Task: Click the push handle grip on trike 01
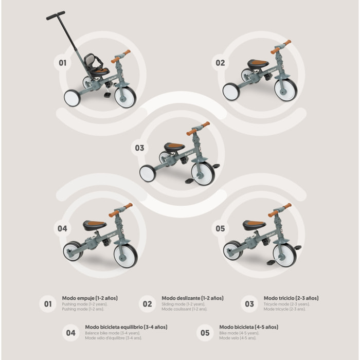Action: coord(56,15)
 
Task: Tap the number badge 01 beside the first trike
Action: coord(62,63)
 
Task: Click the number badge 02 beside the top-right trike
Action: coord(220,63)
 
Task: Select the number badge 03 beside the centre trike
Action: coord(139,148)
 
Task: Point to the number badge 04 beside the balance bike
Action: coord(62,228)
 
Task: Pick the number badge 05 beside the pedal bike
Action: coord(220,228)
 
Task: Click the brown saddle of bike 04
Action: coord(95,225)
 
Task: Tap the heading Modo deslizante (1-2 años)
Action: coord(192,298)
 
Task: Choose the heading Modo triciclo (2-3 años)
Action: coord(291,298)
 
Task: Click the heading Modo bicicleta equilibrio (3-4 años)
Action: coord(122,327)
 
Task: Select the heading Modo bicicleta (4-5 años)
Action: coord(248,327)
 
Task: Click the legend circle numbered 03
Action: coord(249,304)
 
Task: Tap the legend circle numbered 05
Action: coord(205,333)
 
